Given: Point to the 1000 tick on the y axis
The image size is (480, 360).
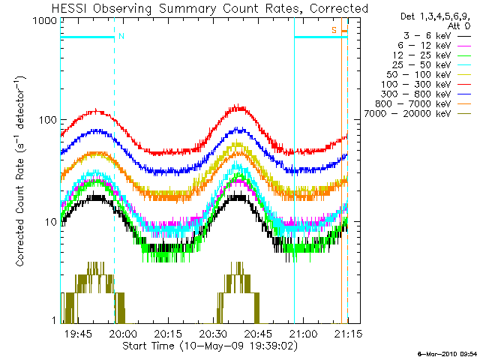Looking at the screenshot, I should coord(45,22).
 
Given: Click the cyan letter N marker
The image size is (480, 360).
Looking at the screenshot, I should coord(121,35).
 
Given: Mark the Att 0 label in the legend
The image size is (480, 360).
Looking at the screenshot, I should coord(459,25).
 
